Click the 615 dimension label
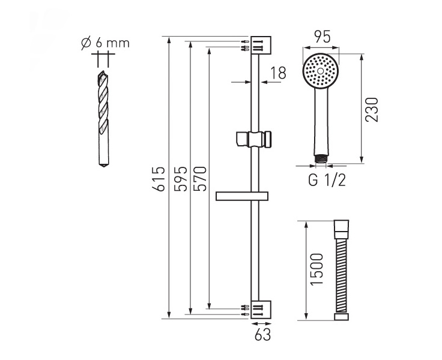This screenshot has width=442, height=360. [159, 179]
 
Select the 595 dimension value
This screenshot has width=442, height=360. [180, 179]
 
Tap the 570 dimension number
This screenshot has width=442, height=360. [201, 179]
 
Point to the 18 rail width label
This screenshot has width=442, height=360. [278, 73]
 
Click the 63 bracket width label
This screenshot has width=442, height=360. [262, 335]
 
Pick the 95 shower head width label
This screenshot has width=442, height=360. [322, 37]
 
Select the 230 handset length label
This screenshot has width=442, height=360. [372, 110]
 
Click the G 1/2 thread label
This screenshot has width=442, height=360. [327, 180]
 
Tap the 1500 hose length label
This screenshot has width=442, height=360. [316, 269]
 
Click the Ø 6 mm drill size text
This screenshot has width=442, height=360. [105, 43]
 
